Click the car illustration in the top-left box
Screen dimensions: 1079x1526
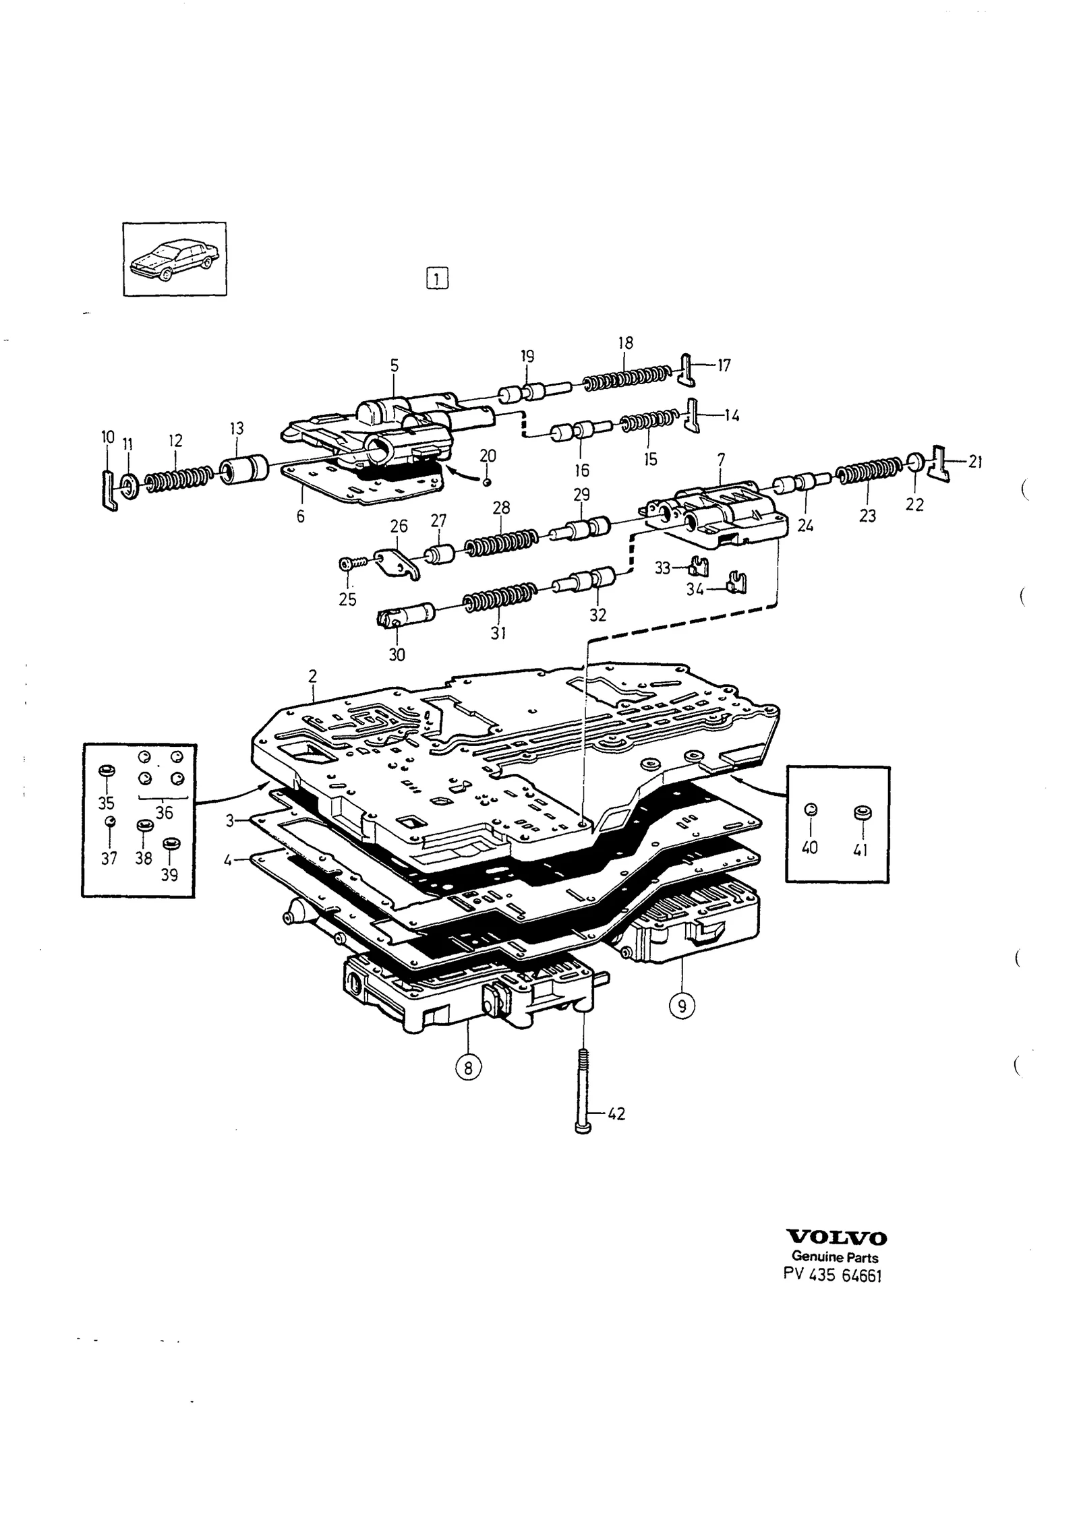pos(175,259)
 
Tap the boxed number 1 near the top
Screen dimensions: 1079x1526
pos(437,278)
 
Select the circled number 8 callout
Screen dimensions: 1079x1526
pos(469,1066)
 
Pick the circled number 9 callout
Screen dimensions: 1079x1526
pos(682,1006)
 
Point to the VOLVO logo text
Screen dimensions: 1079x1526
pos(837,1238)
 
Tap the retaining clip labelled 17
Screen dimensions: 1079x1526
pos(686,369)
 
